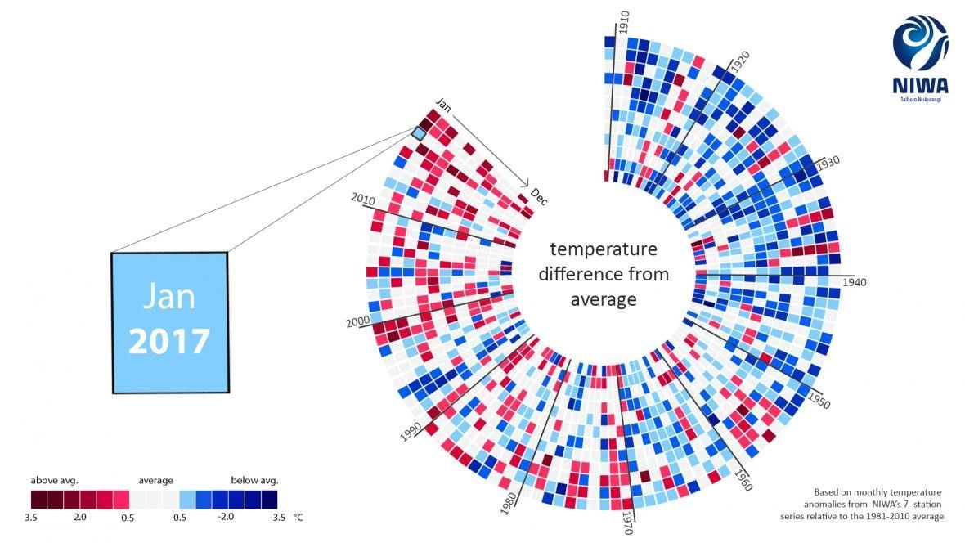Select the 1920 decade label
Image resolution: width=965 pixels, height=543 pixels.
pos(738,62)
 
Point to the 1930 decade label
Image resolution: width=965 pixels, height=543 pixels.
pos(828,164)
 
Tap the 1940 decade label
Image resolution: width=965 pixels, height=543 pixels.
pos(854,283)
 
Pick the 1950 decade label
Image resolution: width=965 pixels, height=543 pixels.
pos(819,400)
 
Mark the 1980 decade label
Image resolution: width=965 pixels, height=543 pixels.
pos(508,503)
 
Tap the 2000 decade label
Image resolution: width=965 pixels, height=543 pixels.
pos(359,321)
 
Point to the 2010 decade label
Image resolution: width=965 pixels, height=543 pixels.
pos(363,199)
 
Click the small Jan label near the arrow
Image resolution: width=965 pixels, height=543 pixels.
pos(442,105)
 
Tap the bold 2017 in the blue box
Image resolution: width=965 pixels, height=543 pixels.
pos(168,341)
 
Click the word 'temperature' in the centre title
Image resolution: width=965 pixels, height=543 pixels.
pos(603,249)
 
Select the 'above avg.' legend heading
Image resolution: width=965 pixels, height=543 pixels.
pos(54,480)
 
